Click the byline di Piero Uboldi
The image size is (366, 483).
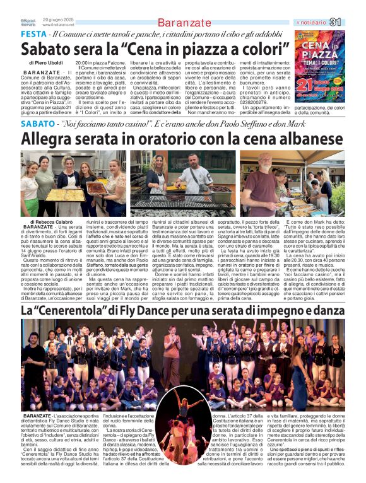tap(46, 63)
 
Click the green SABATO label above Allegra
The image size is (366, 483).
tap(38, 124)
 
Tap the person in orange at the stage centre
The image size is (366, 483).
tap(182, 410)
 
